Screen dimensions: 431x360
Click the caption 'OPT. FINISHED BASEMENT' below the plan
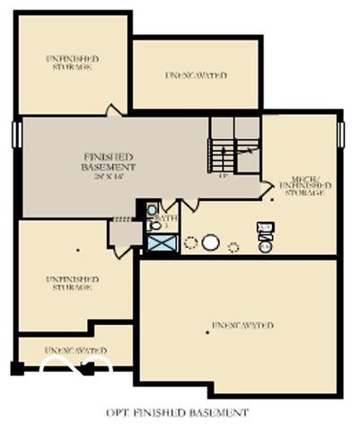click(x=176, y=413)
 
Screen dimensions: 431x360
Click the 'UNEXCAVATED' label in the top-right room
click(x=196, y=75)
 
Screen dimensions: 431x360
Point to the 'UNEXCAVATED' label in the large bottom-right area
click(x=242, y=325)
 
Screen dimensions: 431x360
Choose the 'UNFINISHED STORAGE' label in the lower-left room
click(x=72, y=284)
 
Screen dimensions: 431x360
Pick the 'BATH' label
click(x=166, y=218)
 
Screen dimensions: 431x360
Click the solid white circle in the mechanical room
click(x=211, y=242)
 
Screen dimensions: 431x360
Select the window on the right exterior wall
click(x=341, y=134)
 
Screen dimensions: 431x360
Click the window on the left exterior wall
click(x=16, y=134)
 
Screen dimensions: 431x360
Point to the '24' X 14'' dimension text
click(x=108, y=176)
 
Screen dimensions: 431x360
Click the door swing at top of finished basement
click(x=113, y=110)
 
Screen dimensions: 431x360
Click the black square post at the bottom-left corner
click(x=17, y=367)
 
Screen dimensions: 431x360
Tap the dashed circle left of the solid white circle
click(x=190, y=242)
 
